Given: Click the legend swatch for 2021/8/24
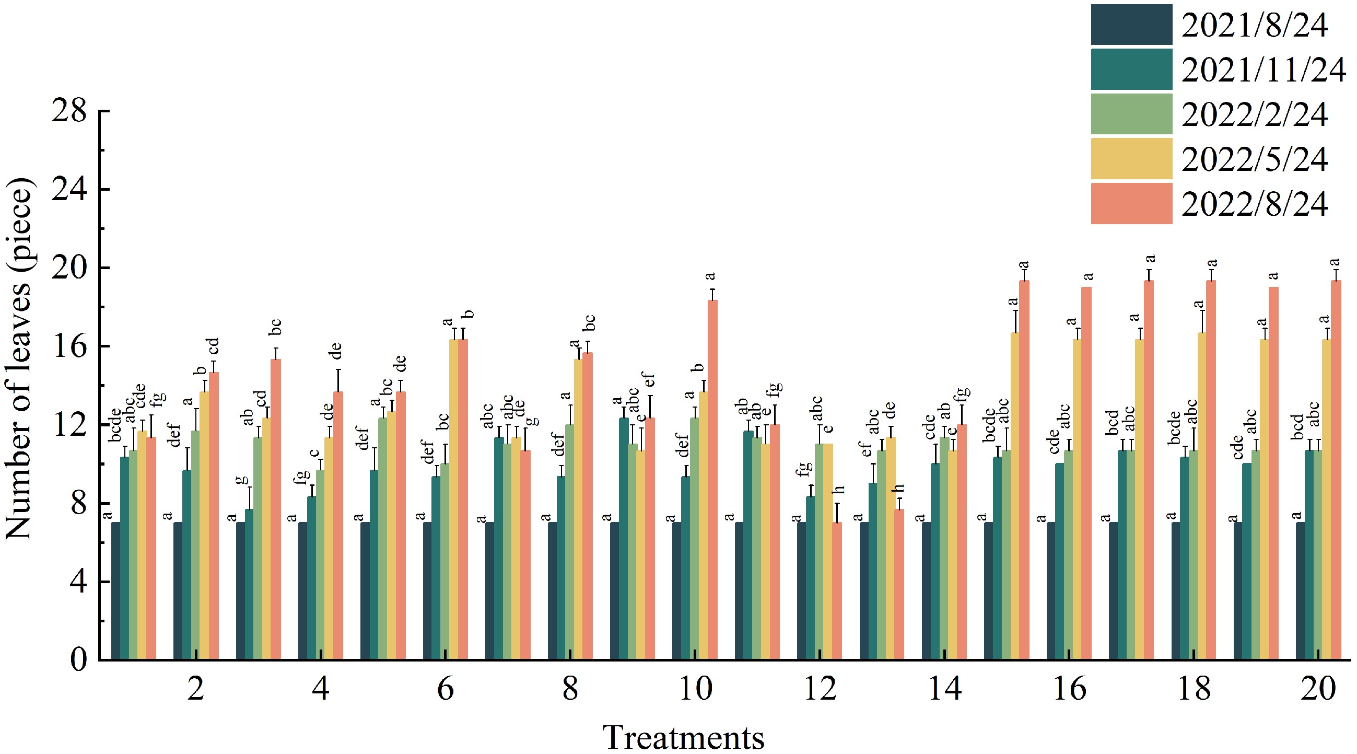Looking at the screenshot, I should (1131, 25).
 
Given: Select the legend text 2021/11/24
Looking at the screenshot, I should (1263, 70).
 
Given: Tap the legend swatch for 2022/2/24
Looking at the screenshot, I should (1131, 114).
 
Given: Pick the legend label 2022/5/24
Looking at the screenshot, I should (1254, 160).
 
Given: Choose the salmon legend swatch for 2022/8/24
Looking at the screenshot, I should (1131, 203).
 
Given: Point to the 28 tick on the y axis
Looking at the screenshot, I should (68, 111).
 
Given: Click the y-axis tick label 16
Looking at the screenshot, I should (68, 346).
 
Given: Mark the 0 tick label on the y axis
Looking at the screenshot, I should (78, 659).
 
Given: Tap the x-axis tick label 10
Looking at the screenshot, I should (695, 689).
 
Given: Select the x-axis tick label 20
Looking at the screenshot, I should (1318, 689).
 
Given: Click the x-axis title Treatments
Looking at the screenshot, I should (683, 737).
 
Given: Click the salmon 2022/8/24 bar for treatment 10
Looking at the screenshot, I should (712, 480).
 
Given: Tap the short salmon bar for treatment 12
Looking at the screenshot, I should (837, 590).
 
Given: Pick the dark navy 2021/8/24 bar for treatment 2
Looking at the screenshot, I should (178, 590).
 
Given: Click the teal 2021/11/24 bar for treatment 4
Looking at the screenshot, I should (312, 577).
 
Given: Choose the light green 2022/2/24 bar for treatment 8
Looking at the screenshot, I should (570, 542).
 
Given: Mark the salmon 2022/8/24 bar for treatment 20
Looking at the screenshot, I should (1336, 470).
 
